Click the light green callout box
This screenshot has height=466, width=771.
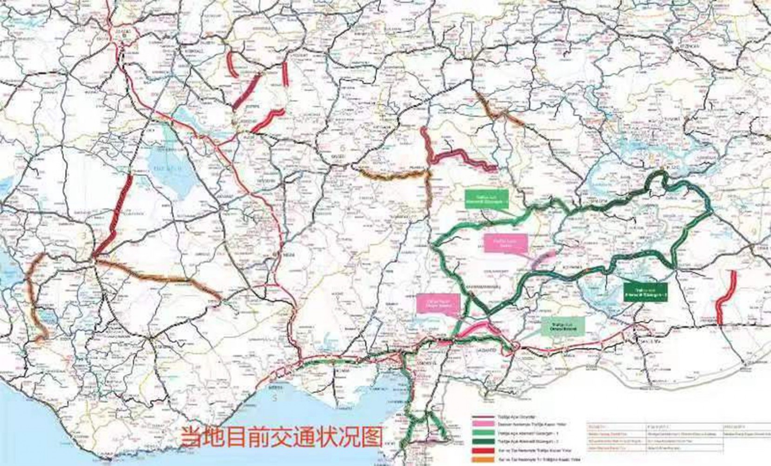click(487, 199)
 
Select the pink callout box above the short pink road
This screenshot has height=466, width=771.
click(506, 243)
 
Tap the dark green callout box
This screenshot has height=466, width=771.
click(645, 290)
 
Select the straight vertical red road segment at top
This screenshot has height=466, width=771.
click(285, 75)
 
